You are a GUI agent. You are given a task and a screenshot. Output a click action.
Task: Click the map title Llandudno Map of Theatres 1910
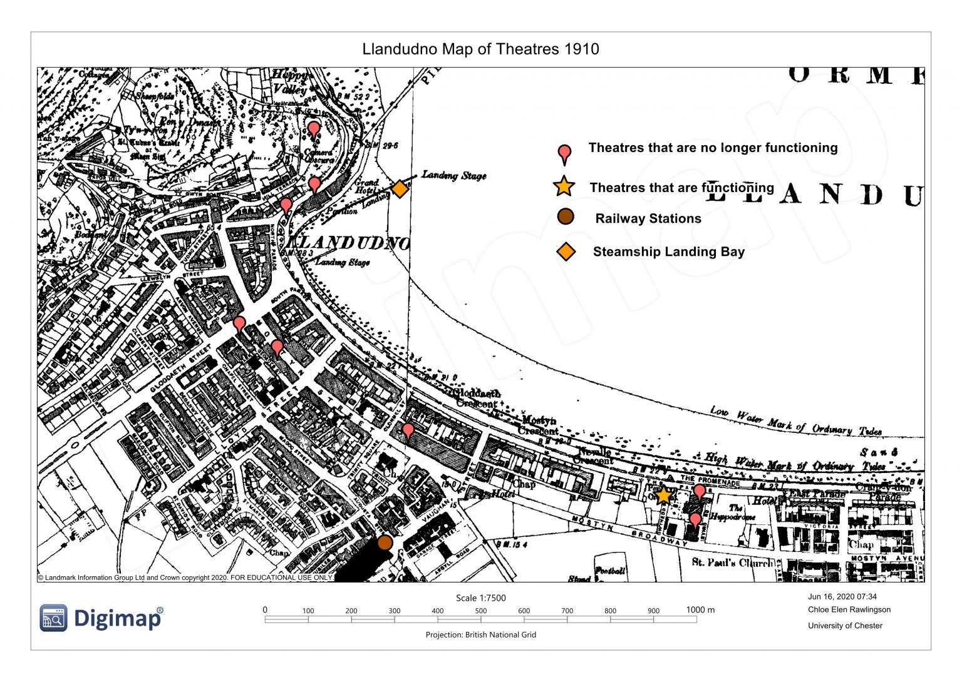click(480, 49)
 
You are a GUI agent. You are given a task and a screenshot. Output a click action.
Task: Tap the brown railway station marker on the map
click(385, 542)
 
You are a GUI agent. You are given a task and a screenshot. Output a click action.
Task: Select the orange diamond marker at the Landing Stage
click(400, 188)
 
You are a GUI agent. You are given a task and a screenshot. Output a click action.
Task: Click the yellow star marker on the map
click(663, 496)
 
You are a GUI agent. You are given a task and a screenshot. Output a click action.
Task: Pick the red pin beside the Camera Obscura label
click(314, 130)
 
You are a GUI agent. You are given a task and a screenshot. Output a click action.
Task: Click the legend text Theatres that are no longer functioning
click(713, 148)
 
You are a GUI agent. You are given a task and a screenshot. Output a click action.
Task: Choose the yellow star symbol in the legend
click(564, 186)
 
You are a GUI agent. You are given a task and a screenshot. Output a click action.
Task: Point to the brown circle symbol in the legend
click(565, 217)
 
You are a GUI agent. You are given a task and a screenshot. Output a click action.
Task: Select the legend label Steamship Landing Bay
click(668, 252)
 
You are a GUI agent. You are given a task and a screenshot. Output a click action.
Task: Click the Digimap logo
click(101, 618)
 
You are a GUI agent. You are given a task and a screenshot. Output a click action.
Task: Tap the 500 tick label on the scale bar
click(480, 611)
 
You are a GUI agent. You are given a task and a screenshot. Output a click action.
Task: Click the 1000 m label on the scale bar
click(700, 610)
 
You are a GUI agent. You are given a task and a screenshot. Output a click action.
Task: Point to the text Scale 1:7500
click(480, 598)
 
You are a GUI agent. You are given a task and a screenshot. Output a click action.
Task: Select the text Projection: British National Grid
click(480, 634)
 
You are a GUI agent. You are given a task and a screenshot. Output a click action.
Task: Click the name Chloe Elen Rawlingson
click(849, 609)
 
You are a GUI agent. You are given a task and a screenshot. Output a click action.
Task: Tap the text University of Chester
click(845, 626)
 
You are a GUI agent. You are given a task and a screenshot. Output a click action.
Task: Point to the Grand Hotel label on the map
click(367, 186)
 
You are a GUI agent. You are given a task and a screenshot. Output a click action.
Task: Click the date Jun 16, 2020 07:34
click(842, 597)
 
